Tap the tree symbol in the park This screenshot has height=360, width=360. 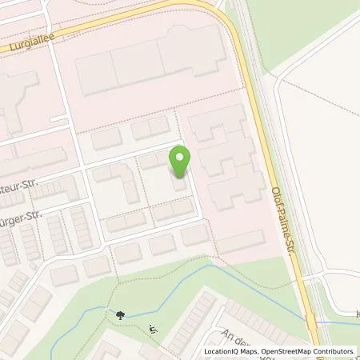tap(119, 315)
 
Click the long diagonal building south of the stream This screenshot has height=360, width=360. tap(190, 320)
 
